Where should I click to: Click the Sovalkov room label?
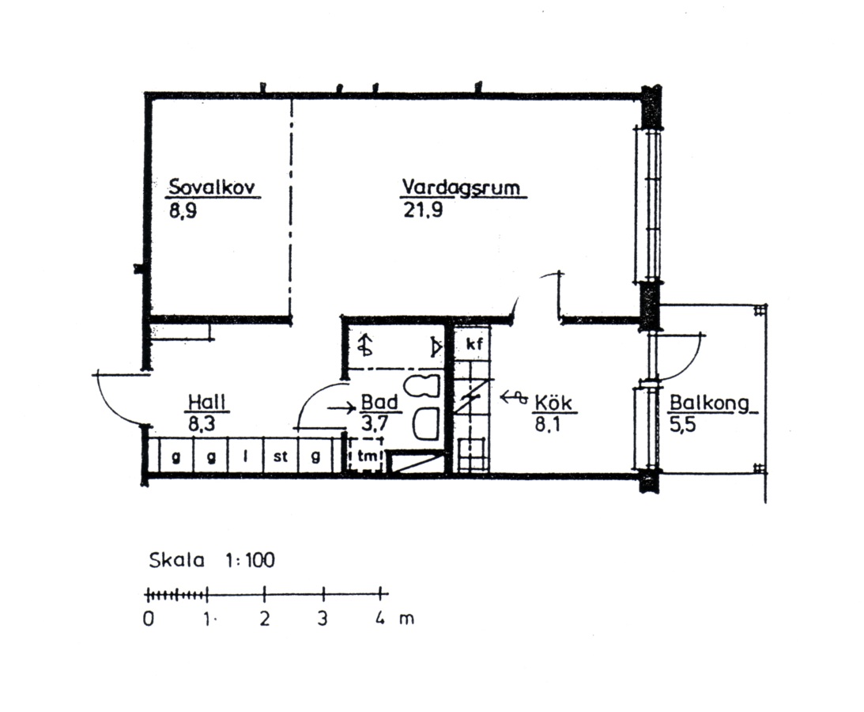[x=212, y=187]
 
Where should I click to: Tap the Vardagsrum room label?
[x=461, y=187]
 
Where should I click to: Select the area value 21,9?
[x=423, y=210]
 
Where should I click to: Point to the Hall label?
[x=207, y=402]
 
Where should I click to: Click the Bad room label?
[x=379, y=402]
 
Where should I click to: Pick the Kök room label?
[x=554, y=403]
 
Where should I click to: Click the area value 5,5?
[x=683, y=425]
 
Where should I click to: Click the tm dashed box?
[x=366, y=456]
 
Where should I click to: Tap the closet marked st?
[x=281, y=456]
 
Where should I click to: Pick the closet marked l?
[x=246, y=456]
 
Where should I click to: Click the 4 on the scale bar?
[x=380, y=618]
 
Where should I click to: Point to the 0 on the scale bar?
[x=149, y=619]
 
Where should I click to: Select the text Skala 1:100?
[x=212, y=560]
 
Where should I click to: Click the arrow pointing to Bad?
[x=341, y=409]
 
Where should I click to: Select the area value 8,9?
[x=183, y=210]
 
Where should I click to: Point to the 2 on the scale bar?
[x=265, y=619]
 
